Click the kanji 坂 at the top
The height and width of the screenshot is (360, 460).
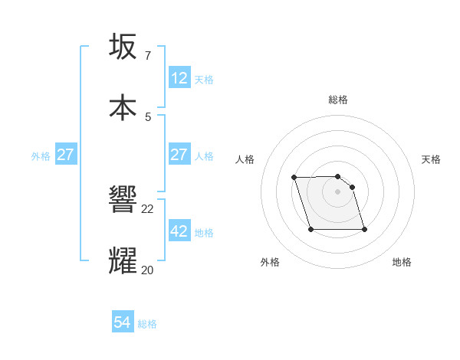123,47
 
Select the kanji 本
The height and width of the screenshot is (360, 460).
123,107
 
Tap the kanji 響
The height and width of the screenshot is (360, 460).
123,201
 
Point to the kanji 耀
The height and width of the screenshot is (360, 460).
123,260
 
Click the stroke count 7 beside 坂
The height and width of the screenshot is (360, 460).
147,56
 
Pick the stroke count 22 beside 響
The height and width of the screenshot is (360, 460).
148,209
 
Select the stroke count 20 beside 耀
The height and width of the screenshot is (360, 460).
148,269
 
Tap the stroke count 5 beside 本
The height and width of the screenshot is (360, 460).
147,116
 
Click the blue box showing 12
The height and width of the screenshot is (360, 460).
179,78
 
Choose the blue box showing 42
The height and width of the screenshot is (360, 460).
179,231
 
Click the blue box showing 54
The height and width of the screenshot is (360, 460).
123,323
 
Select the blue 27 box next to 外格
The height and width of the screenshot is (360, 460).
66,155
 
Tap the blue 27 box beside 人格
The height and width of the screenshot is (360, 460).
179,155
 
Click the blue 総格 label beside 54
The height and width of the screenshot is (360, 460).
147,324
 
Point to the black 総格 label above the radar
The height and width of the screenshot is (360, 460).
338,100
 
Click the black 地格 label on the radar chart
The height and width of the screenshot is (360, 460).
402,262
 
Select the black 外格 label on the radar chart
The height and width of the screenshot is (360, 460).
270,262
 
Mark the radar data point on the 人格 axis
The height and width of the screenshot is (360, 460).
294,178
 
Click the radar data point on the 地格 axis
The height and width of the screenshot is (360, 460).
364,229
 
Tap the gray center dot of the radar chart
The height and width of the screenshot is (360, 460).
337,191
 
